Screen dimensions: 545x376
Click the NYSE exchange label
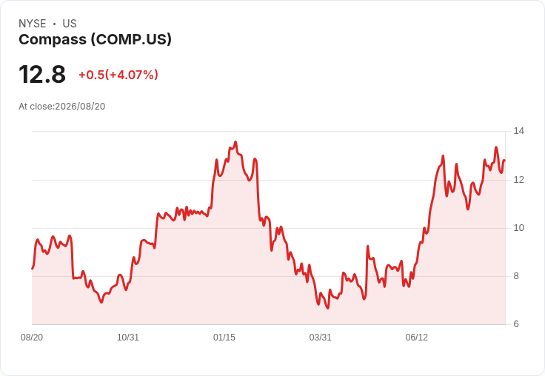coord(33,24)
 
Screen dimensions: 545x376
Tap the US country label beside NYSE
coord(70,24)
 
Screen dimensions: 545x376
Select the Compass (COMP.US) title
coord(95,40)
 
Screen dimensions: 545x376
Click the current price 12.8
coord(42,75)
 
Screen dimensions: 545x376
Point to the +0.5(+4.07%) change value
coord(118,75)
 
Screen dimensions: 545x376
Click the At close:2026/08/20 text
coord(62,107)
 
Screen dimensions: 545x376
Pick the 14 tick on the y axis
coord(519,131)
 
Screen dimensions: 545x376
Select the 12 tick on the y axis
coord(519,180)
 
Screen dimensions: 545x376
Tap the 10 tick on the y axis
coord(519,228)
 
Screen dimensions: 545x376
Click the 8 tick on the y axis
coord(516,276)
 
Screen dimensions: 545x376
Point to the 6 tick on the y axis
coord(516,324)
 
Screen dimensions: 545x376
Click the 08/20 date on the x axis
coord(32,338)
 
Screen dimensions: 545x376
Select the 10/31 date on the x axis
coord(128,338)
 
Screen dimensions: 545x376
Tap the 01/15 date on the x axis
coord(224,338)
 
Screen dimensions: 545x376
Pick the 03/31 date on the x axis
coord(321,338)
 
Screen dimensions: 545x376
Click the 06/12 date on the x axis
coord(417,338)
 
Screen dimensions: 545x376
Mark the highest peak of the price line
coord(235,142)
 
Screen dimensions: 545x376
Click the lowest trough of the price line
coord(328,308)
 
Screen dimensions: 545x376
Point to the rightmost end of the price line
coord(505,160)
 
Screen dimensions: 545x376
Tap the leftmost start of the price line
coord(32,269)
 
